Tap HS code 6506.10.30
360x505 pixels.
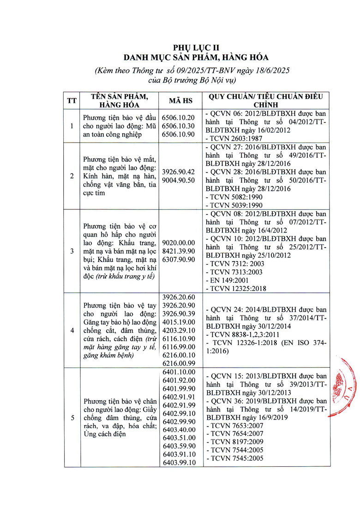pyautogui.click(x=179, y=126)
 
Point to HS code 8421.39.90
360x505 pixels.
pyautogui.click(x=179, y=251)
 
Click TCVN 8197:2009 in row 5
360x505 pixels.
pyautogui.click(x=236, y=441)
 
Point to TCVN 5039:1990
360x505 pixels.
pyautogui.click(x=236, y=205)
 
